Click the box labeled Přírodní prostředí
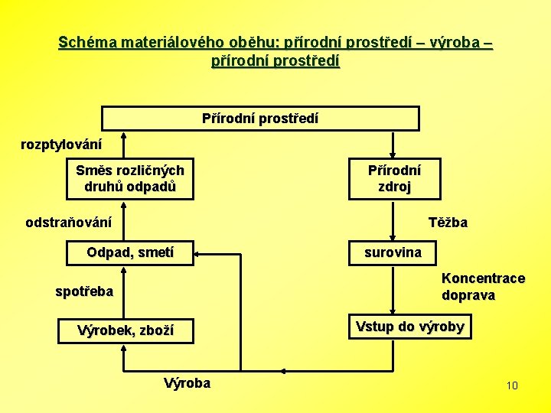click(260, 119)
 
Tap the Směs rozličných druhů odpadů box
click(129, 178)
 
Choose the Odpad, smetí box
click(129, 252)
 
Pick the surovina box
click(393, 252)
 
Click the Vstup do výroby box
click(409, 327)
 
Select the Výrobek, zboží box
click(126, 330)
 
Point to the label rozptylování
click(60, 144)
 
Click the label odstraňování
click(68, 223)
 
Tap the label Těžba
click(448, 223)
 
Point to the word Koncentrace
click(483, 278)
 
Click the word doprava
click(468, 295)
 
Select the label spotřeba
click(84, 291)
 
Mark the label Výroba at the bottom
click(187, 383)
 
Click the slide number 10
click(512, 385)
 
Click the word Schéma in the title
click(84, 42)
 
